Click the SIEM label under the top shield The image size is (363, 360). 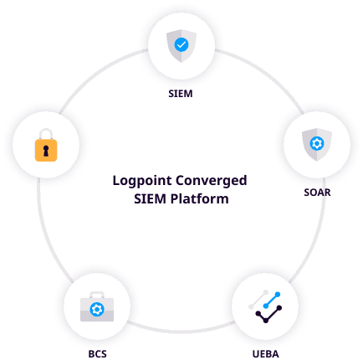pyautogui.click(x=181, y=94)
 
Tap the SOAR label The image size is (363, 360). pyautogui.click(x=317, y=193)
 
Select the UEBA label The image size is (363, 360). pyautogui.click(x=265, y=354)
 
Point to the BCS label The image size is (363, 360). pyautogui.click(x=97, y=354)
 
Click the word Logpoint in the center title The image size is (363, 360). pyautogui.click(x=142, y=182)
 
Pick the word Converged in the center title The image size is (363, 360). pyautogui.click(x=212, y=182)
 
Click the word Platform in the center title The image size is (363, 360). pyautogui.click(x=200, y=199)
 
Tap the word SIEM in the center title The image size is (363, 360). pyautogui.click(x=150, y=199)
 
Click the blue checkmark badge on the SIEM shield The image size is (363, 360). pyautogui.click(x=181, y=44)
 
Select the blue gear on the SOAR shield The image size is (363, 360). pyautogui.click(x=317, y=143)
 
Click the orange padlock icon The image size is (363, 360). pyautogui.click(x=46, y=145)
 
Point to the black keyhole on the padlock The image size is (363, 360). pyautogui.click(x=46, y=151)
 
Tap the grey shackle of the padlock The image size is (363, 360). pyautogui.click(x=46, y=134)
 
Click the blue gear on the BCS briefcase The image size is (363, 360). pyautogui.click(x=97, y=310)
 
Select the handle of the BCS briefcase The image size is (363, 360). pyautogui.click(x=97, y=295)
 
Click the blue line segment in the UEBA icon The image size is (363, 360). pyautogui.click(x=272, y=301)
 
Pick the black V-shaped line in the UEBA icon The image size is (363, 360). pyautogui.click(x=268, y=315)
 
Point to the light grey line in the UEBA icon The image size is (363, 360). pyautogui.click(x=258, y=300)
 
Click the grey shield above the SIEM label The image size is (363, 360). pyautogui.click(x=181, y=46)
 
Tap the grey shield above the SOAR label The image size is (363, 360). pyautogui.click(x=317, y=145)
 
